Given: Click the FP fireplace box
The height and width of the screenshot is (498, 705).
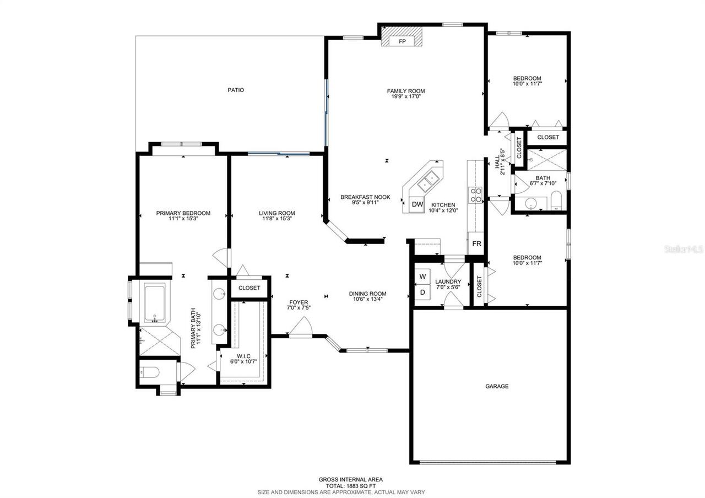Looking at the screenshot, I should point(402,41).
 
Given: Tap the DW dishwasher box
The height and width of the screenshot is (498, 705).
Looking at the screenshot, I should point(417,204).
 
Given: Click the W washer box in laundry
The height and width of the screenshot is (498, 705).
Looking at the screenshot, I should point(422,276).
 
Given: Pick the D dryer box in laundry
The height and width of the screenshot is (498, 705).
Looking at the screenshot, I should point(422,293).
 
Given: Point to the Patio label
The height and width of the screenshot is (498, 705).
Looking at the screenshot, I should point(236,90).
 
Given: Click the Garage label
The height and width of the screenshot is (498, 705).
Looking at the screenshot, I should point(497,386).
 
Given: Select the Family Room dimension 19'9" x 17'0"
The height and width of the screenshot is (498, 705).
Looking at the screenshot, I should point(405,96).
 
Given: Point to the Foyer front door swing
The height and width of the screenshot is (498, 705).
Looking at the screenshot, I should point(301,328).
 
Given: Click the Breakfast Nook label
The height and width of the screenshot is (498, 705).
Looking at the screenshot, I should point(365,197).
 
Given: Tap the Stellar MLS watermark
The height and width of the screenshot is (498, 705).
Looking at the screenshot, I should point(684,250).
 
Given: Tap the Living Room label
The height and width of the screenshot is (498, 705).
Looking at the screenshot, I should point(277,213).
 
